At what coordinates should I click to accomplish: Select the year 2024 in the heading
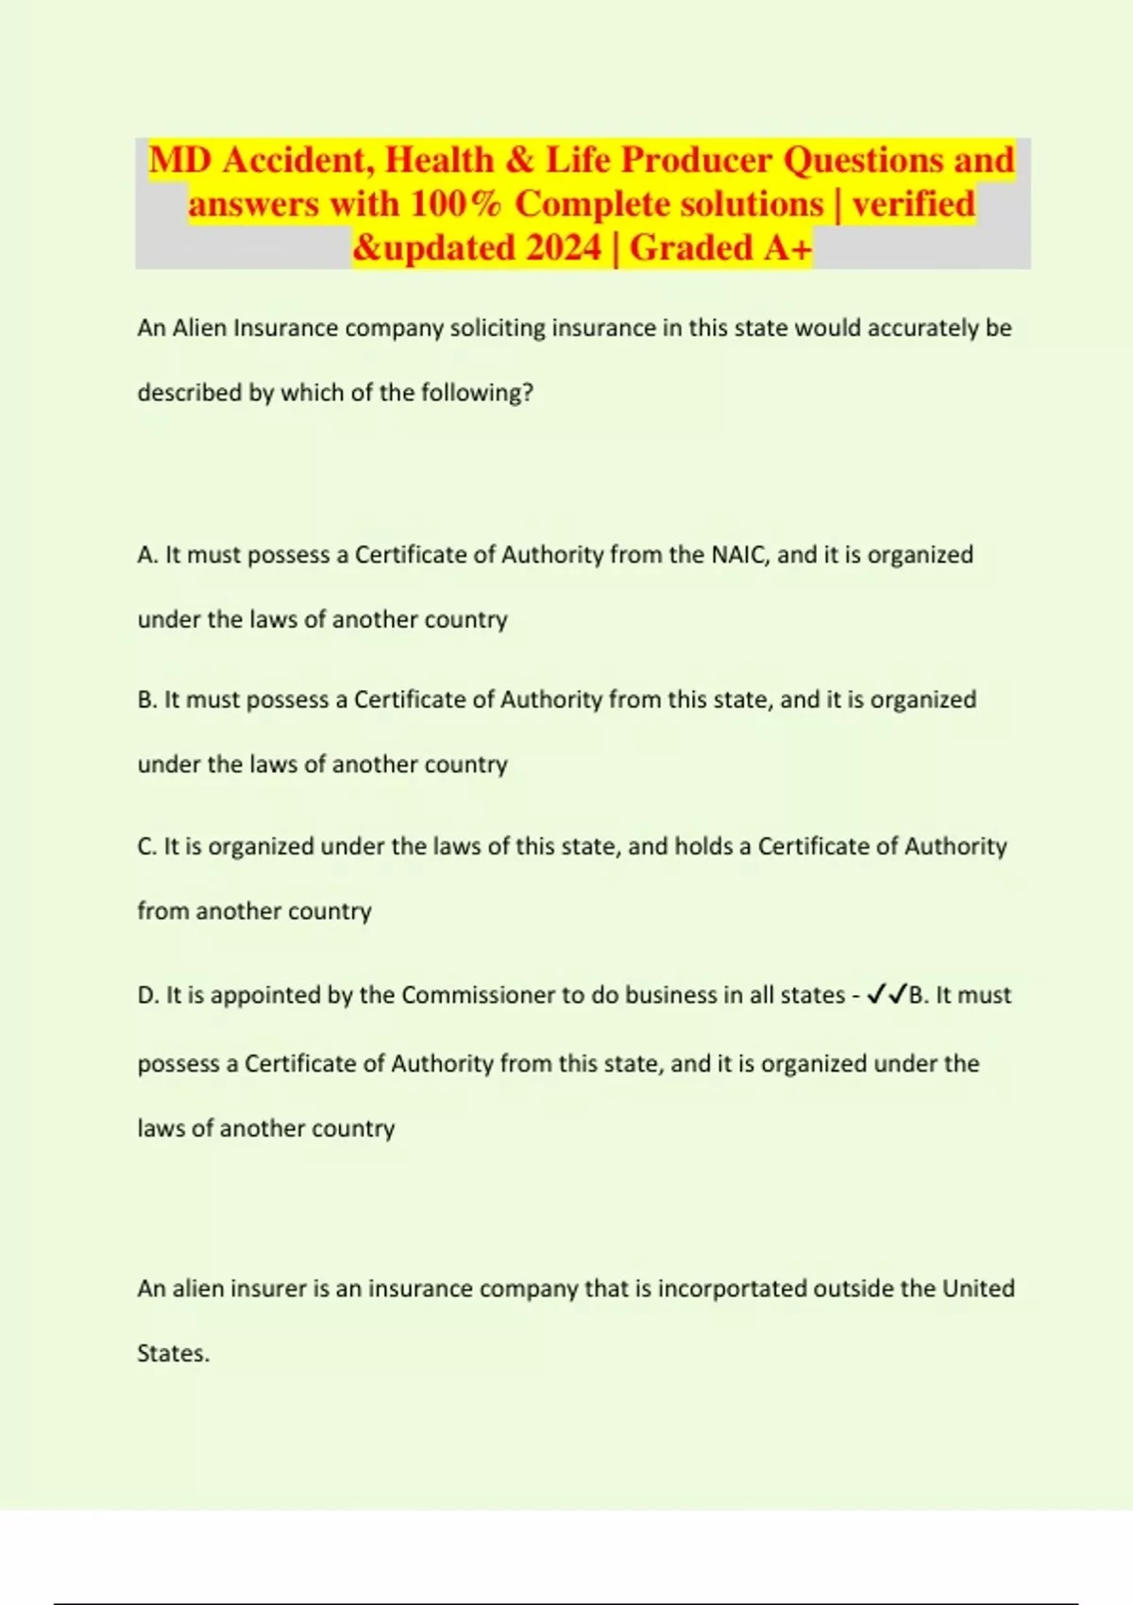click(x=564, y=248)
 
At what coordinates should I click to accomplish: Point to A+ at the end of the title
click(x=788, y=248)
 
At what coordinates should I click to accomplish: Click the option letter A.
click(x=147, y=555)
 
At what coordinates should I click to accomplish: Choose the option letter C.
click(x=146, y=847)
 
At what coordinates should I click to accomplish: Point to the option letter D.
click(x=147, y=995)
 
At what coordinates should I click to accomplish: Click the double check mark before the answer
click(x=886, y=994)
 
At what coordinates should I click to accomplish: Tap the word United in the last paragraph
click(x=978, y=1289)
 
